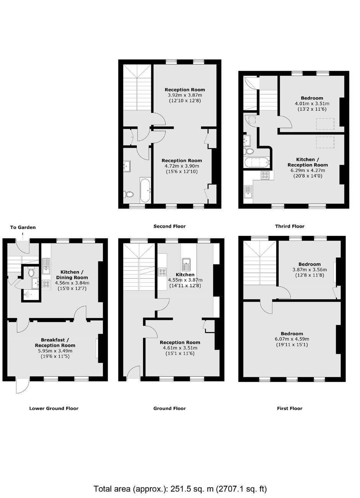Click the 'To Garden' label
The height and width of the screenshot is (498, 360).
(x=23, y=227)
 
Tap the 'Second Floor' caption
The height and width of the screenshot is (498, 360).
(x=170, y=226)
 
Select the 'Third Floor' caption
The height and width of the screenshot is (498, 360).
(x=290, y=226)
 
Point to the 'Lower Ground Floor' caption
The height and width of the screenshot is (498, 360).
(x=54, y=408)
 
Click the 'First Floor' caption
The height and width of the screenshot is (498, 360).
(x=290, y=408)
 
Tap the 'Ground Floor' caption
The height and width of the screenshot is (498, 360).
(x=170, y=408)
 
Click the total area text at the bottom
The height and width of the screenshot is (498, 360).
(x=180, y=487)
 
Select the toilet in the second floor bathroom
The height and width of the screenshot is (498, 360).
(x=129, y=194)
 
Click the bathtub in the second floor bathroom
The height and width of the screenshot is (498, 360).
(x=145, y=190)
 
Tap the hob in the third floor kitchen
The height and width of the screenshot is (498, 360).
(x=265, y=175)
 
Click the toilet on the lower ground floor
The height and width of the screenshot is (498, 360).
(x=31, y=272)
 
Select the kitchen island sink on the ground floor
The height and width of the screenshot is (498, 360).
(x=186, y=264)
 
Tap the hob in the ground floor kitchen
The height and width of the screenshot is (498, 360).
(x=162, y=272)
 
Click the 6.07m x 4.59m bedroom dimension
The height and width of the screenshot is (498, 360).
(x=292, y=339)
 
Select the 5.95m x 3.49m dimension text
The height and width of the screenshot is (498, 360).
(x=55, y=351)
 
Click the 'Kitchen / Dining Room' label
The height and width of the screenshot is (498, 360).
(x=72, y=275)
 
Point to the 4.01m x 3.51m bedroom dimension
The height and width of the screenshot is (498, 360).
(x=312, y=104)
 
